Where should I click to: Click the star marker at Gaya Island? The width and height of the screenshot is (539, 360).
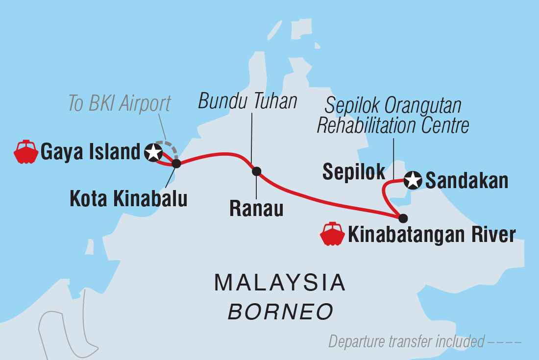pyautogui.click(x=154, y=152)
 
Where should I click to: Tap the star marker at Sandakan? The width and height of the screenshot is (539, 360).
pyautogui.click(x=413, y=181)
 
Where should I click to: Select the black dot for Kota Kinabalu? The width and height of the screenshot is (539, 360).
pyautogui.click(x=176, y=164)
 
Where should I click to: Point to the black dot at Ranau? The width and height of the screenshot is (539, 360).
pyautogui.click(x=256, y=171)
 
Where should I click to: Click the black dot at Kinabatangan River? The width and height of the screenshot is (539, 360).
pyautogui.click(x=403, y=218)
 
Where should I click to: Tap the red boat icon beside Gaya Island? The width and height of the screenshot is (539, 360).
pyautogui.click(x=26, y=152)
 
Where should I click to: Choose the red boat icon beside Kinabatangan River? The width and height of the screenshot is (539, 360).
pyautogui.click(x=333, y=234)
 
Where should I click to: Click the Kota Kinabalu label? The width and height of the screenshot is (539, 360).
pyautogui.click(x=128, y=199)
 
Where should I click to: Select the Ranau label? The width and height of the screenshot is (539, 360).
pyautogui.click(x=256, y=209)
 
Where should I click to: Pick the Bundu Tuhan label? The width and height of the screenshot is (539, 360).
pyautogui.click(x=248, y=102)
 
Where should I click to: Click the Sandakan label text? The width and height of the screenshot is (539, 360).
pyautogui.click(x=466, y=181)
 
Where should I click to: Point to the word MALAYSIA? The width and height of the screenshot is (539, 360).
pyautogui.click(x=280, y=283)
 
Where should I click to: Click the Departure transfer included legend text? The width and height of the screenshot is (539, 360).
pyautogui.click(x=407, y=341)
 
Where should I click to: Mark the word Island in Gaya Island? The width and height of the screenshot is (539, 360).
pyautogui.click(x=116, y=152)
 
